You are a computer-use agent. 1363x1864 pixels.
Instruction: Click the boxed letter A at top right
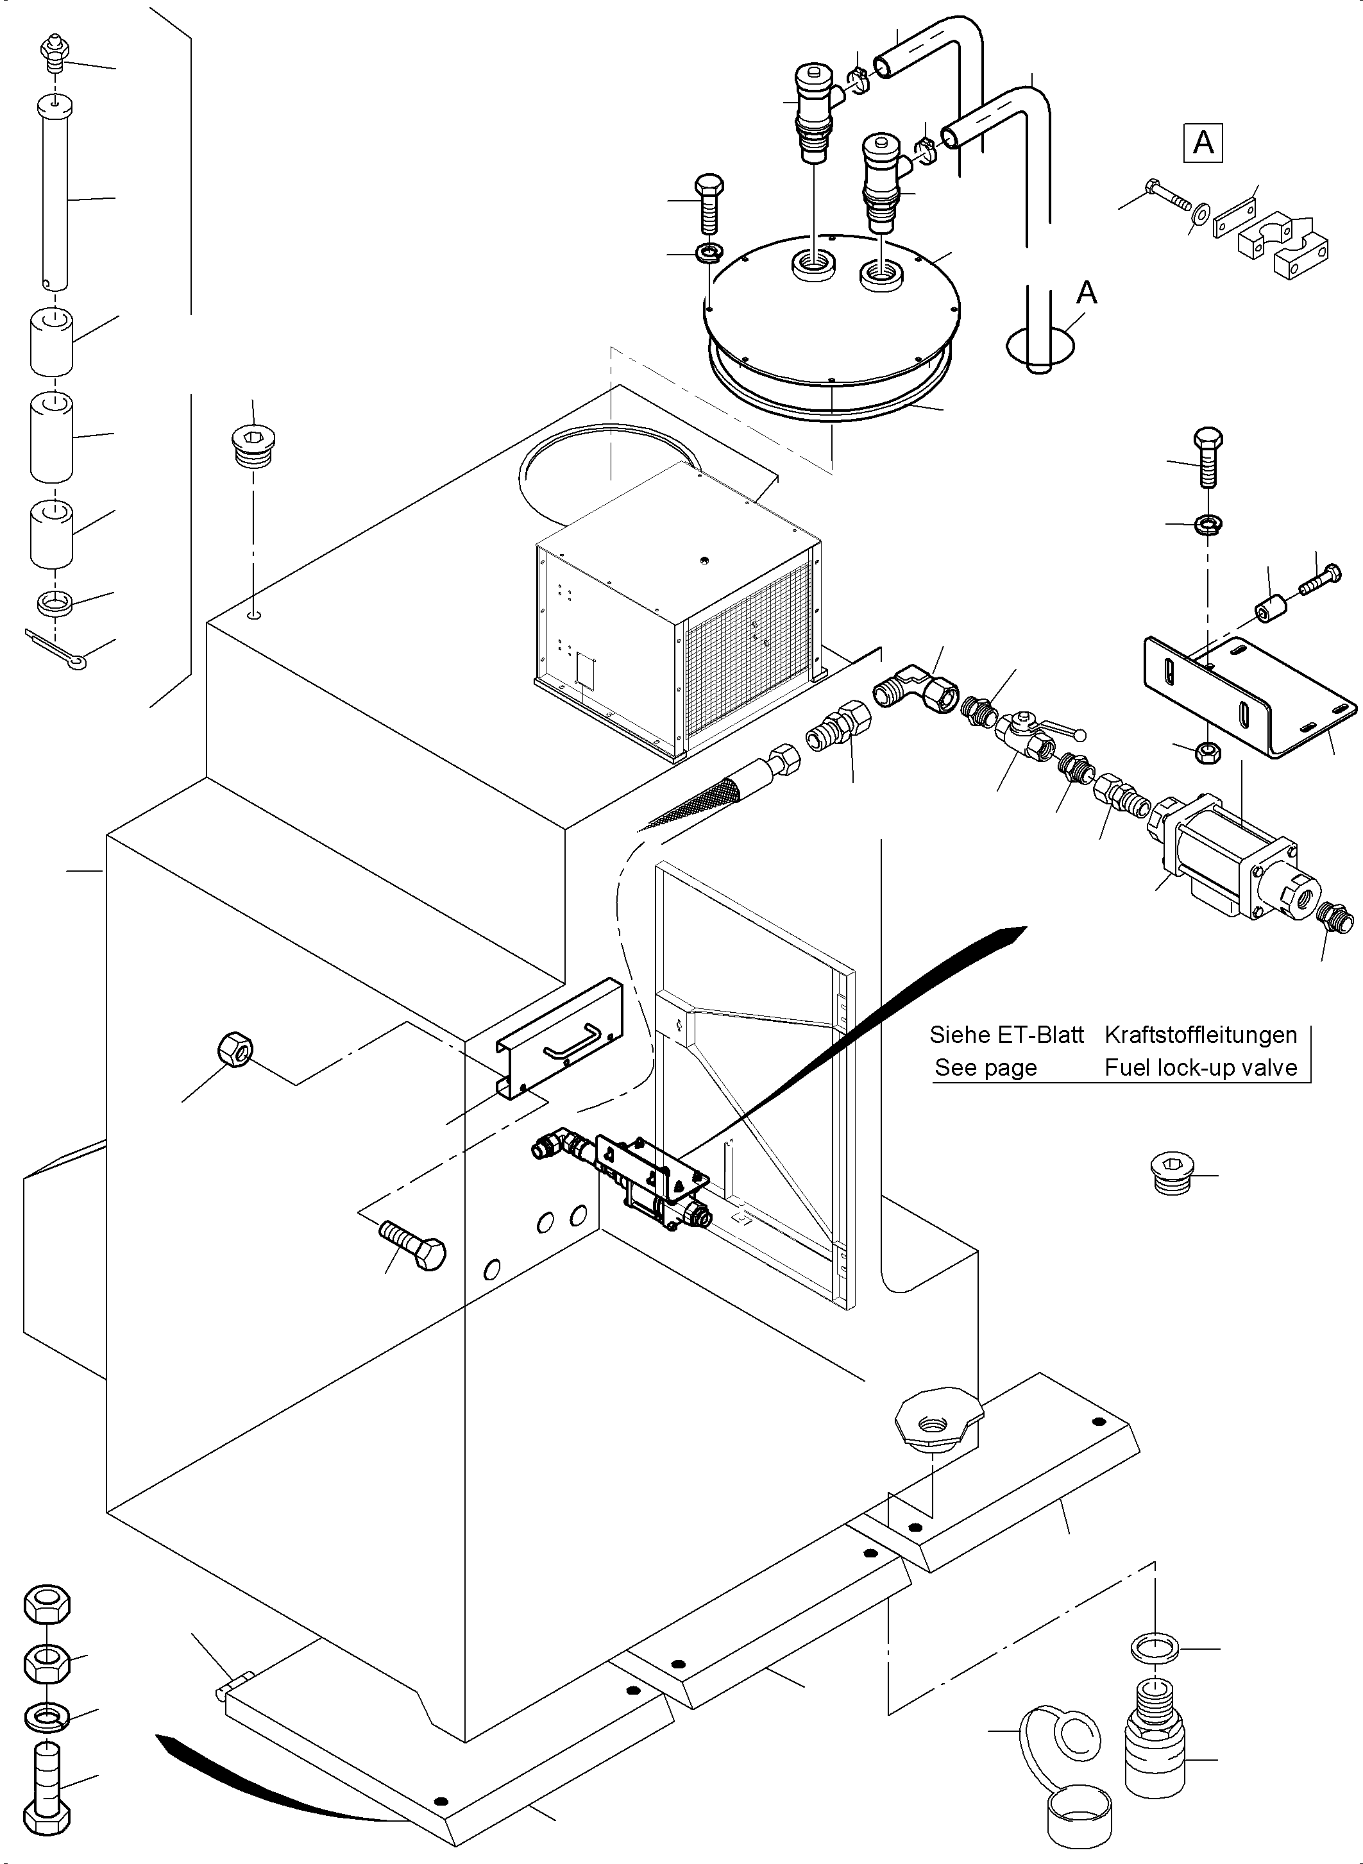pos(1203,143)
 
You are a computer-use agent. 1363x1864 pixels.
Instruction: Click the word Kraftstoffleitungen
pos(1201,1035)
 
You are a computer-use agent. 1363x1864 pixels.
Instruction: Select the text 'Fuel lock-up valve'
pos(1201,1068)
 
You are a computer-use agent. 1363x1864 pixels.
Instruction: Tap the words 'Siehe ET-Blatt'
pos(1006,1035)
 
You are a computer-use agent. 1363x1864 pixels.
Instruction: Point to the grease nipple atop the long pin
pos(52,52)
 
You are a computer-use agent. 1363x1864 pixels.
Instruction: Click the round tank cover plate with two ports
pos(833,309)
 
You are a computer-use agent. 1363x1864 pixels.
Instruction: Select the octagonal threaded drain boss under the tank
pos(938,1424)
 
